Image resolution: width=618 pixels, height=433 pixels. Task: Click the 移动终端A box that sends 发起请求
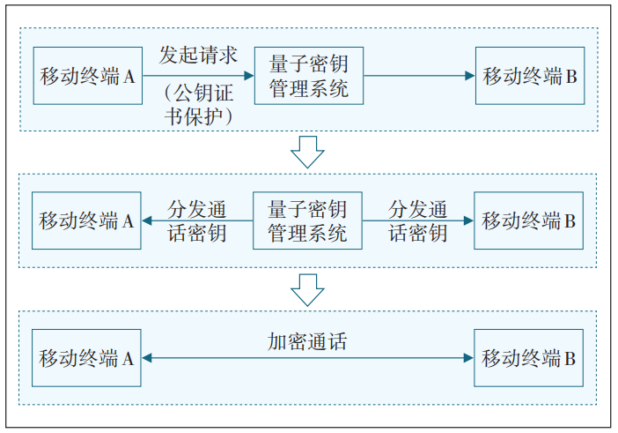coord(87,76)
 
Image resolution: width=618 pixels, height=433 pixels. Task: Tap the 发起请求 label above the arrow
coord(198,55)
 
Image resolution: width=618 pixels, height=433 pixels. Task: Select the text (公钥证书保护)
coord(198,104)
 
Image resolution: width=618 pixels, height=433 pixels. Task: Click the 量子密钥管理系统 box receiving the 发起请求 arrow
coord(308,76)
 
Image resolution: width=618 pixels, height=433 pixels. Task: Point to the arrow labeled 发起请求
coord(198,76)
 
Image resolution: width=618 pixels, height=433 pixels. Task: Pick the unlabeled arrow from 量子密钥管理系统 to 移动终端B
coord(418,76)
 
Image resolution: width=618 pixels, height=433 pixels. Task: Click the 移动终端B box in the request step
coord(529,76)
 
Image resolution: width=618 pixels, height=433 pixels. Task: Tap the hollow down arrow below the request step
coord(308,152)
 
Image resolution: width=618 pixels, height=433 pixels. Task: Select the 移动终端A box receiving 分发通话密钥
coord(86,220)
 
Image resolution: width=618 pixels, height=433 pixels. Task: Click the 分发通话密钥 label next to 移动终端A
coord(197,220)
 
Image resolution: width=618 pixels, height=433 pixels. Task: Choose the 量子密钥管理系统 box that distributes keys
coord(307,220)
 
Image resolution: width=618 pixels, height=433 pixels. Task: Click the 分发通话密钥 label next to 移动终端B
coord(418,220)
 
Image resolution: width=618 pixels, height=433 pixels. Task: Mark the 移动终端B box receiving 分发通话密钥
coord(529,220)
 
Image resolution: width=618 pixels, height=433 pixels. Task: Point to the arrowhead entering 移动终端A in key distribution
coord(148,220)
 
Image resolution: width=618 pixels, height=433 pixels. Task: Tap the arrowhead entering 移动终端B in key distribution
coord(467,220)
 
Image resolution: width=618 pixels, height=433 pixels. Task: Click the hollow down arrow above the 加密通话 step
coord(308,289)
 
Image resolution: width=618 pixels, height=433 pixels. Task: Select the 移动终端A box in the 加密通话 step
coord(86,358)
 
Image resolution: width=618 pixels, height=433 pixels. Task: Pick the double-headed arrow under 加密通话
coord(307,358)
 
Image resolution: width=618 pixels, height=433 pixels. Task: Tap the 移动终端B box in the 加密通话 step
coord(529,358)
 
